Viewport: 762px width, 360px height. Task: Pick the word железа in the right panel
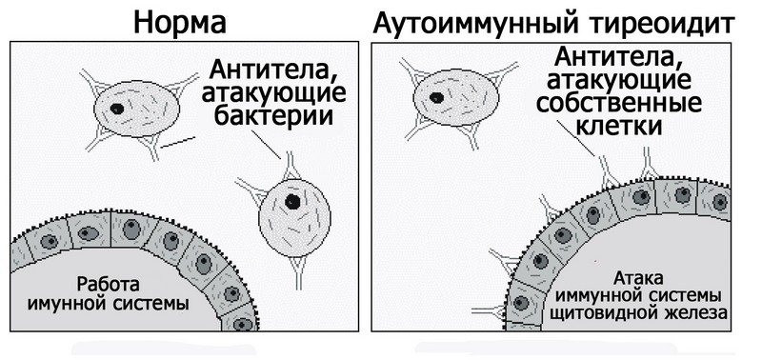click(x=697, y=311)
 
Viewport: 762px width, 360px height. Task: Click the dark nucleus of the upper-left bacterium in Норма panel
click(x=117, y=109)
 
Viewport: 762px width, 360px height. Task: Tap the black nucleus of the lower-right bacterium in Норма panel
click(x=294, y=202)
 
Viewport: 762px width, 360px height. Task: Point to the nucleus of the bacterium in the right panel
click(x=437, y=96)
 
